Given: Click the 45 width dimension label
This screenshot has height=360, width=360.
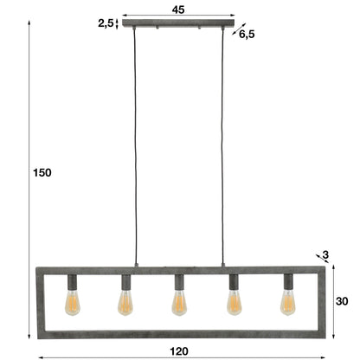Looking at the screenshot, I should [x=178, y=10].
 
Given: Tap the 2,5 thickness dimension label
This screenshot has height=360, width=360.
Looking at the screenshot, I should [x=106, y=24].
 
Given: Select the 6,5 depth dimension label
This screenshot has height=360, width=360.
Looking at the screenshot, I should [x=247, y=35].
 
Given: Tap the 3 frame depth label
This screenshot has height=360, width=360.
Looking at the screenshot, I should [x=325, y=254].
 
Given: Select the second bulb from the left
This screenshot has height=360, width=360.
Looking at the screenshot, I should [x=125, y=302].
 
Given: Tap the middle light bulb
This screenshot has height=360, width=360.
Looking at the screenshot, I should [x=178, y=302].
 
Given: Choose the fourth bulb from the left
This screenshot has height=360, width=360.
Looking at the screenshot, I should [x=233, y=302].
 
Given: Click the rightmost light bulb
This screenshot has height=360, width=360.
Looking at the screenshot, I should [x=287, y=302].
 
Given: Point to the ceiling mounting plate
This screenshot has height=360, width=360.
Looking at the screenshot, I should [x=178, y=24].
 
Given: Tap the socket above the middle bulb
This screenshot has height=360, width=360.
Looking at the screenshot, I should [x=178, y=282].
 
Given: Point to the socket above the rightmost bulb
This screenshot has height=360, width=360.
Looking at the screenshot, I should [x=287, y=282].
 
